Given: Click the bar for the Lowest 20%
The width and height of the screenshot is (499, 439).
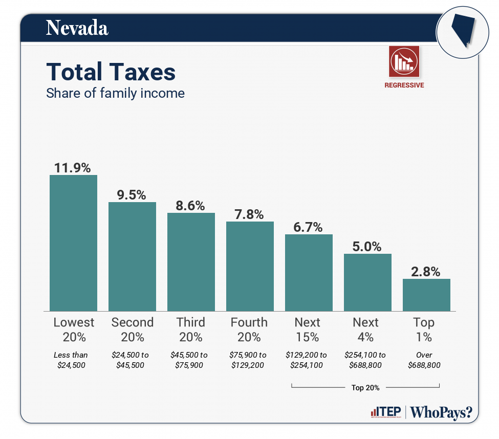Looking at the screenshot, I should pyautogui.click(x=73, y=243).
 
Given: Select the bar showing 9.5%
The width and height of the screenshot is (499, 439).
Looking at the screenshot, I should pyautogui.click(x=132, y=256).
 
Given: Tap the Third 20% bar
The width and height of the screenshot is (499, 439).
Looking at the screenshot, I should pyautogui.click(x=191, y=261).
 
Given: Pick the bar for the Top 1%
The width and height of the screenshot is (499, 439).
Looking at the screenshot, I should pyautogui.click(x=426, y=295).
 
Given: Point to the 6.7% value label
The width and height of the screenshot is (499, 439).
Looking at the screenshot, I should pyautogui.click(x=308, y=227).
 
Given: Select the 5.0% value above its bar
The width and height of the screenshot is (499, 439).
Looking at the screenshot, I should pyautogui.click(x=367, y=246).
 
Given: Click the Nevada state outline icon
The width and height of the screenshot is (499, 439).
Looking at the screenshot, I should pyautogui.click(x=461, y=31).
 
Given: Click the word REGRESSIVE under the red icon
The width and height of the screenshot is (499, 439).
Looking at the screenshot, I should pyautogui.click(x=404, y=85).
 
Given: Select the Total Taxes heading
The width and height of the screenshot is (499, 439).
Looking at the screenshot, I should pyautogui.click(x=111, y=72).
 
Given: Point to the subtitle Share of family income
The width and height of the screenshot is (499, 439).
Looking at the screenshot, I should pyautogui.click(x=115, y=94).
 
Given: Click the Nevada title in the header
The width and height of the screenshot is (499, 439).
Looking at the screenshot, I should pyautogui.click(x=77, y=28).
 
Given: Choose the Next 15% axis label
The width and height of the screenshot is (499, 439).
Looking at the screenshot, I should pyautogui.click(x=308, y=330).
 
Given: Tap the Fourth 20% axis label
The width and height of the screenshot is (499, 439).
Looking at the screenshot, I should pyautogui.click(x=249, y=330).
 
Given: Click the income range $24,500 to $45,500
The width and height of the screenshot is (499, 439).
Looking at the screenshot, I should pyautogui.click(x=132, y=360).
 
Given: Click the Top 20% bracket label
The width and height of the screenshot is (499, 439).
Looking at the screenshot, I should pyautogui.click(x=365, y=387).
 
